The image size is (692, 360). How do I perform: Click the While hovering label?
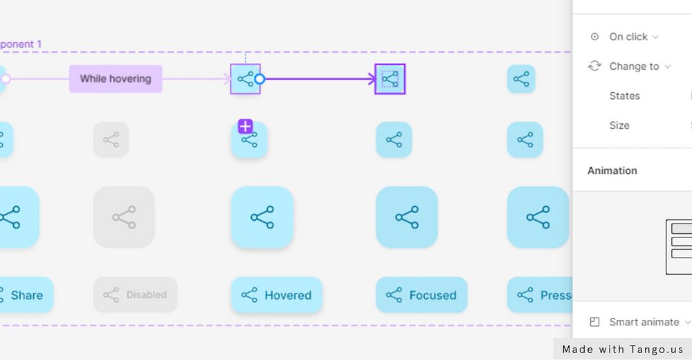pyautogui.click(x=115, y=79)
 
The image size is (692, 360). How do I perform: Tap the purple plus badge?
pyautogui.click(x=245, y=126)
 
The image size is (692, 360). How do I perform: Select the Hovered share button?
pyautogui.click(x=277, y=295)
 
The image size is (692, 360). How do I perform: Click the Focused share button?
pyautogui.click(x=421, y=295)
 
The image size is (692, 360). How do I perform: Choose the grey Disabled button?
pyautogui.click(x=136, y=295)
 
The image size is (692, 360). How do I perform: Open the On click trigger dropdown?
pyautogui.click(x=633, y=37)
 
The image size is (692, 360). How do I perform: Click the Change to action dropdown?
pyautogui.click(x=639, y=66)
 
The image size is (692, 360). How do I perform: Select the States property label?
pyautogui.click(x=624, y=96)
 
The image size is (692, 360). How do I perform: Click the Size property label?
pyautogui.click(x=619, y=125)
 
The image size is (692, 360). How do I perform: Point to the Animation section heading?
pyautogui.click(x=612, y=170)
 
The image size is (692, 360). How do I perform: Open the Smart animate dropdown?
pyautogui.click(x=649, y=322)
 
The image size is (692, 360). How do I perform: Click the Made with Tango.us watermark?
pyautogui.click(x=623, y=349)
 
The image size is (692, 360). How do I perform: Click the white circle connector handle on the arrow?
pyautogui.click(x=259, y=79)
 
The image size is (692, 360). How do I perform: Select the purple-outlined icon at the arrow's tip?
pyautogui.click(x=390, y=79)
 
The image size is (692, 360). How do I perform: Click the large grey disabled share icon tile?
pyautogui.click(x=124, y=217)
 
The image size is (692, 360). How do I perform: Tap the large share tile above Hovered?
pyautogui.click(x=262, y=217)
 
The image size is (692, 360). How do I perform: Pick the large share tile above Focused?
pyautogui.click(x=407, y=217)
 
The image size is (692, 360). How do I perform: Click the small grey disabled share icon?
pyautogui.click(x=111, y=140)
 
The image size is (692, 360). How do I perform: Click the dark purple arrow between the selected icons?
pyautogui.click(x=318, y=79)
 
